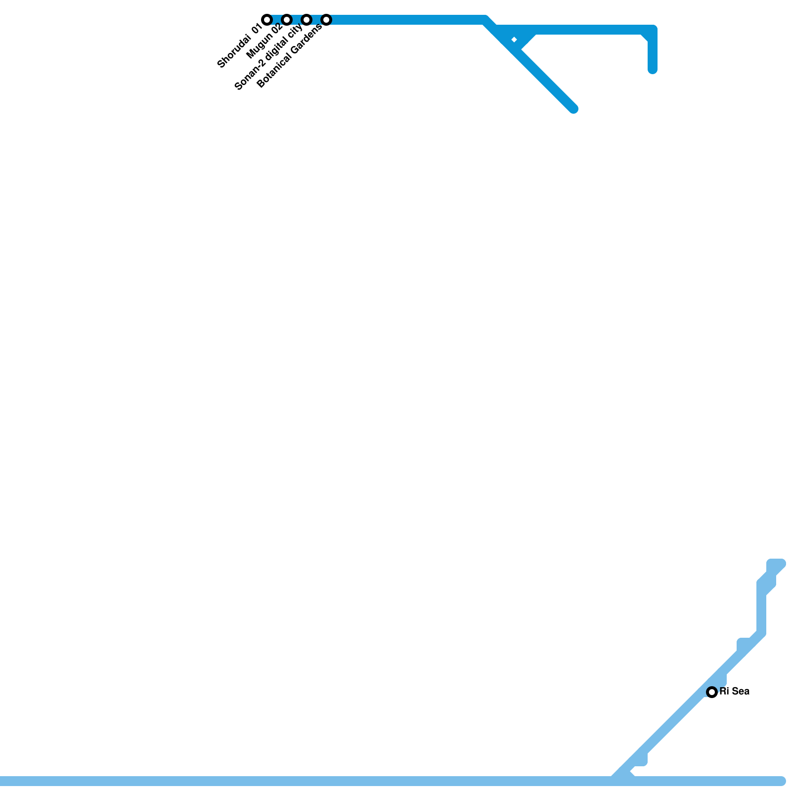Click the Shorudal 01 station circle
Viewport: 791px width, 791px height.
tap(267, 20)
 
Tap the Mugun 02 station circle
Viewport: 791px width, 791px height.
tap(287, 20)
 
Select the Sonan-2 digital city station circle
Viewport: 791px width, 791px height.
tap(307, 20)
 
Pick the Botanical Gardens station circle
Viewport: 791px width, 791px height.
tap(326, 20)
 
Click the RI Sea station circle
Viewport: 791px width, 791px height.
tap(712, 692)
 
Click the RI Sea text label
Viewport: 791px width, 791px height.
tap(735, 691)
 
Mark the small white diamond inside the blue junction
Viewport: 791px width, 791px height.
tap(514, 40)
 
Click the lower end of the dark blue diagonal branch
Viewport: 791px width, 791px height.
tap(573, 109)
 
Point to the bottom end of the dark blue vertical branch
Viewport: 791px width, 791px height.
tap(653, 70)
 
